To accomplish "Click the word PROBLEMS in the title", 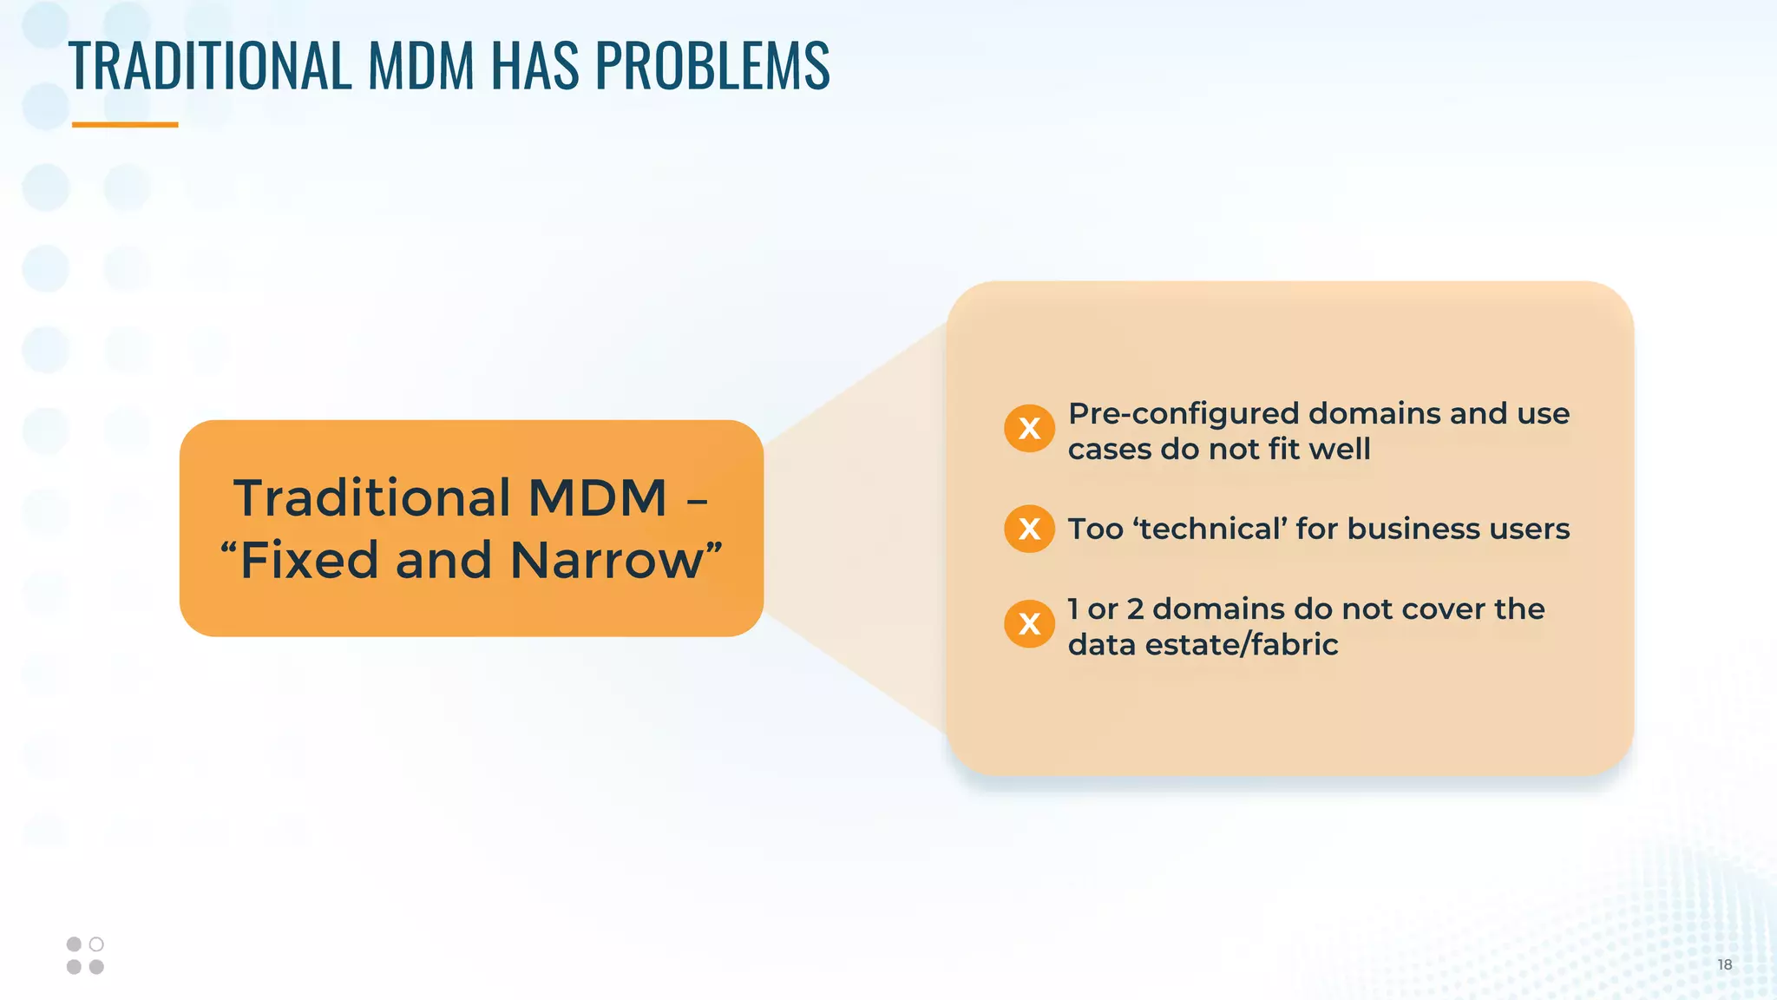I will tap(712, 65).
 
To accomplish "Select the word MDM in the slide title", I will tap(422, 65).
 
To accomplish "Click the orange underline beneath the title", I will tap(125, 125).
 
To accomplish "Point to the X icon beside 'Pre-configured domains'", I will tap(1029, 428).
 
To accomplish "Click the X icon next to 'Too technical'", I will tap(1029, 529).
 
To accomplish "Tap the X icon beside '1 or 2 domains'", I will tap(1029, 623).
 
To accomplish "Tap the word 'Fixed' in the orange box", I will tap(309, 561).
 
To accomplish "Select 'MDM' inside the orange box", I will tap(597, 498).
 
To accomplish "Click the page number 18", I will tap(1724, 964).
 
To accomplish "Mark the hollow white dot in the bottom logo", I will tap(96, 944).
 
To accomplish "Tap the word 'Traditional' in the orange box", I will tap(372, 498).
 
